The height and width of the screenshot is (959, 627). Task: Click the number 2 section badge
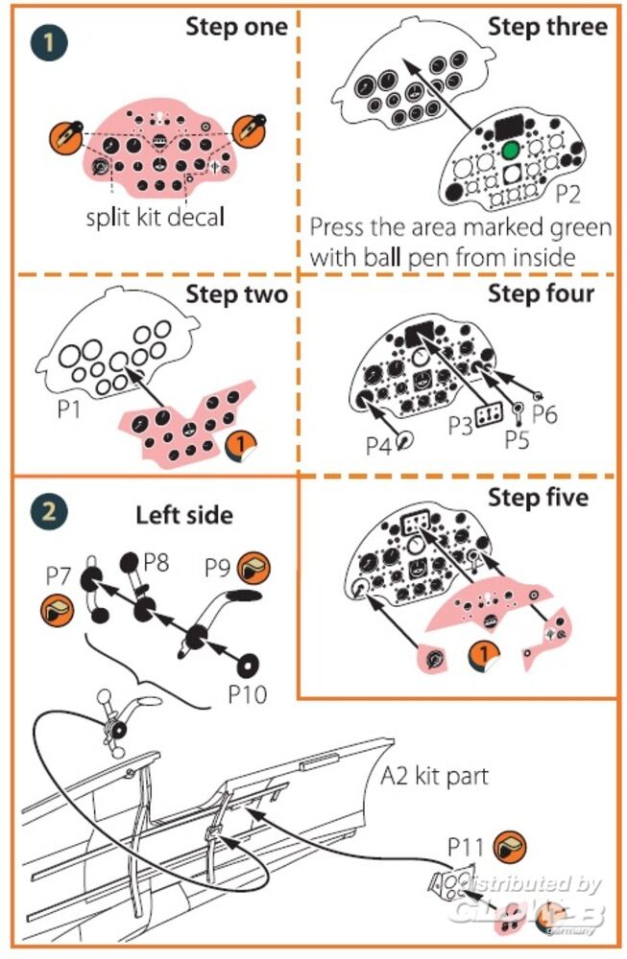click(44, 510)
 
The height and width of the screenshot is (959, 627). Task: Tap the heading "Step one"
click(236, 26)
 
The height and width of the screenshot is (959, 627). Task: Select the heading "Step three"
click(547, 26)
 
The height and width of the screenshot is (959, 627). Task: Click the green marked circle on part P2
click(510, 151)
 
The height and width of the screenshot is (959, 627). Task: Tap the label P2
click(568, 195)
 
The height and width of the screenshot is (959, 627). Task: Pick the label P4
click(380, 446)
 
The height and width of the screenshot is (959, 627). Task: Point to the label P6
click(545, 413)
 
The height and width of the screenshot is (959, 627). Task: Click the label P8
click(157, 562)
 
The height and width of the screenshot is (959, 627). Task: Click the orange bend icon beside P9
click(253, 569)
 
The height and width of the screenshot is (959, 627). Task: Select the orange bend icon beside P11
click(509, 846)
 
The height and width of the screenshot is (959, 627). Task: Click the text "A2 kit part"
click(436, 775)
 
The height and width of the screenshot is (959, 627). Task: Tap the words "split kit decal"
click(153, 216)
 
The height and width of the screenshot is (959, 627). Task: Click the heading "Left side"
click(183, 515)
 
